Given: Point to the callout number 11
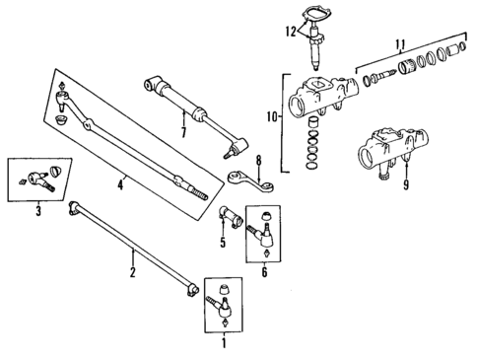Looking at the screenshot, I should point(399,43).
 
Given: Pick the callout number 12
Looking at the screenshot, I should point(290,33).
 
